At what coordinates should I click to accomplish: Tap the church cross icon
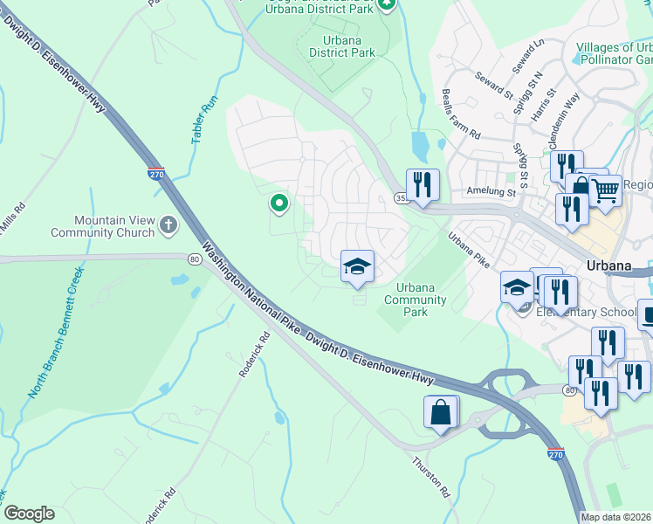click(168, 226)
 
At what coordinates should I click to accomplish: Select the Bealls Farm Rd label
click(461, 115)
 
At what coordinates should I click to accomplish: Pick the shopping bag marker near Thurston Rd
click(442, 411)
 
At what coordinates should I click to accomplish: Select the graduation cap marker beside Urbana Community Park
click(356, 265)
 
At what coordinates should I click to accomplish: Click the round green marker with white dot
click(279, 204)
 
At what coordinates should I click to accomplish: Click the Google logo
click(29, 514)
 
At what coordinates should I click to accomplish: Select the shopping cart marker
click(605, 189)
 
